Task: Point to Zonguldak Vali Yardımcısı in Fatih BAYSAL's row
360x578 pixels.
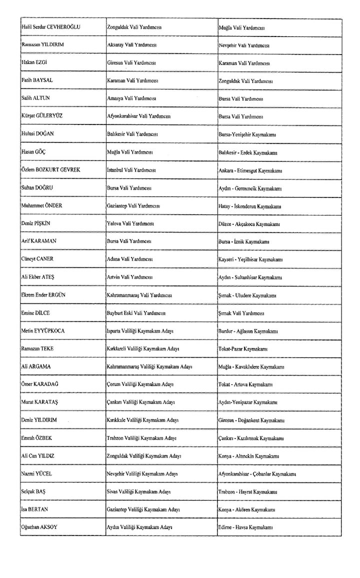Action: (245, 80)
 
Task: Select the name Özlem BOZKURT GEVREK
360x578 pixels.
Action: (51, 169)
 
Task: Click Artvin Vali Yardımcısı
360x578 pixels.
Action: (129, 277)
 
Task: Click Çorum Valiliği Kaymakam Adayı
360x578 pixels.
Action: (140, 384)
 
